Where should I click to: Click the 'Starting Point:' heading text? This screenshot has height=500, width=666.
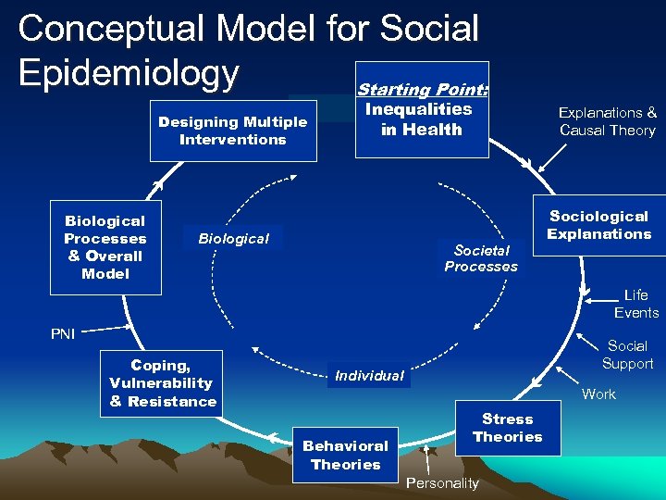pos(423,90)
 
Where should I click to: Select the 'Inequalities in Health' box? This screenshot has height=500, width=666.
pos(421,119)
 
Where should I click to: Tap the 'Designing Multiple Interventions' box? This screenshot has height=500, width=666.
pos(233,131)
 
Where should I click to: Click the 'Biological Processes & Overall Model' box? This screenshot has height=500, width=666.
pos(105,247)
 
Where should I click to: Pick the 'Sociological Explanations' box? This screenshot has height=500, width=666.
pos(598,225)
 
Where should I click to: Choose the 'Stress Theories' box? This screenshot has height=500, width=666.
pos(508,428)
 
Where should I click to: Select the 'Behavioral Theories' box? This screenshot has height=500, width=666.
pos(346,455)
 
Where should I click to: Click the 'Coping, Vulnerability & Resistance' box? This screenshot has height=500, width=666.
pos(163,383)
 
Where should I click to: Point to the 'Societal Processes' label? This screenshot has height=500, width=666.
pos(481,258)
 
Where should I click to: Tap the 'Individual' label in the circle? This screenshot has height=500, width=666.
pos(369,376)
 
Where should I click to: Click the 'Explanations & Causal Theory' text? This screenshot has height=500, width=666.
pos(607,121)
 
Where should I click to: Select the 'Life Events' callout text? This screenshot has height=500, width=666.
pos(636,304)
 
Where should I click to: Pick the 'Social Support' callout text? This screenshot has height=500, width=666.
pos(627,355)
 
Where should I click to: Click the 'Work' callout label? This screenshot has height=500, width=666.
pos(598,394)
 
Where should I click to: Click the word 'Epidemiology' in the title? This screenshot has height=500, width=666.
pos(129,72)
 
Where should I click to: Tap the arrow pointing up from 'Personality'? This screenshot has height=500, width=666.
pos(426,459)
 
